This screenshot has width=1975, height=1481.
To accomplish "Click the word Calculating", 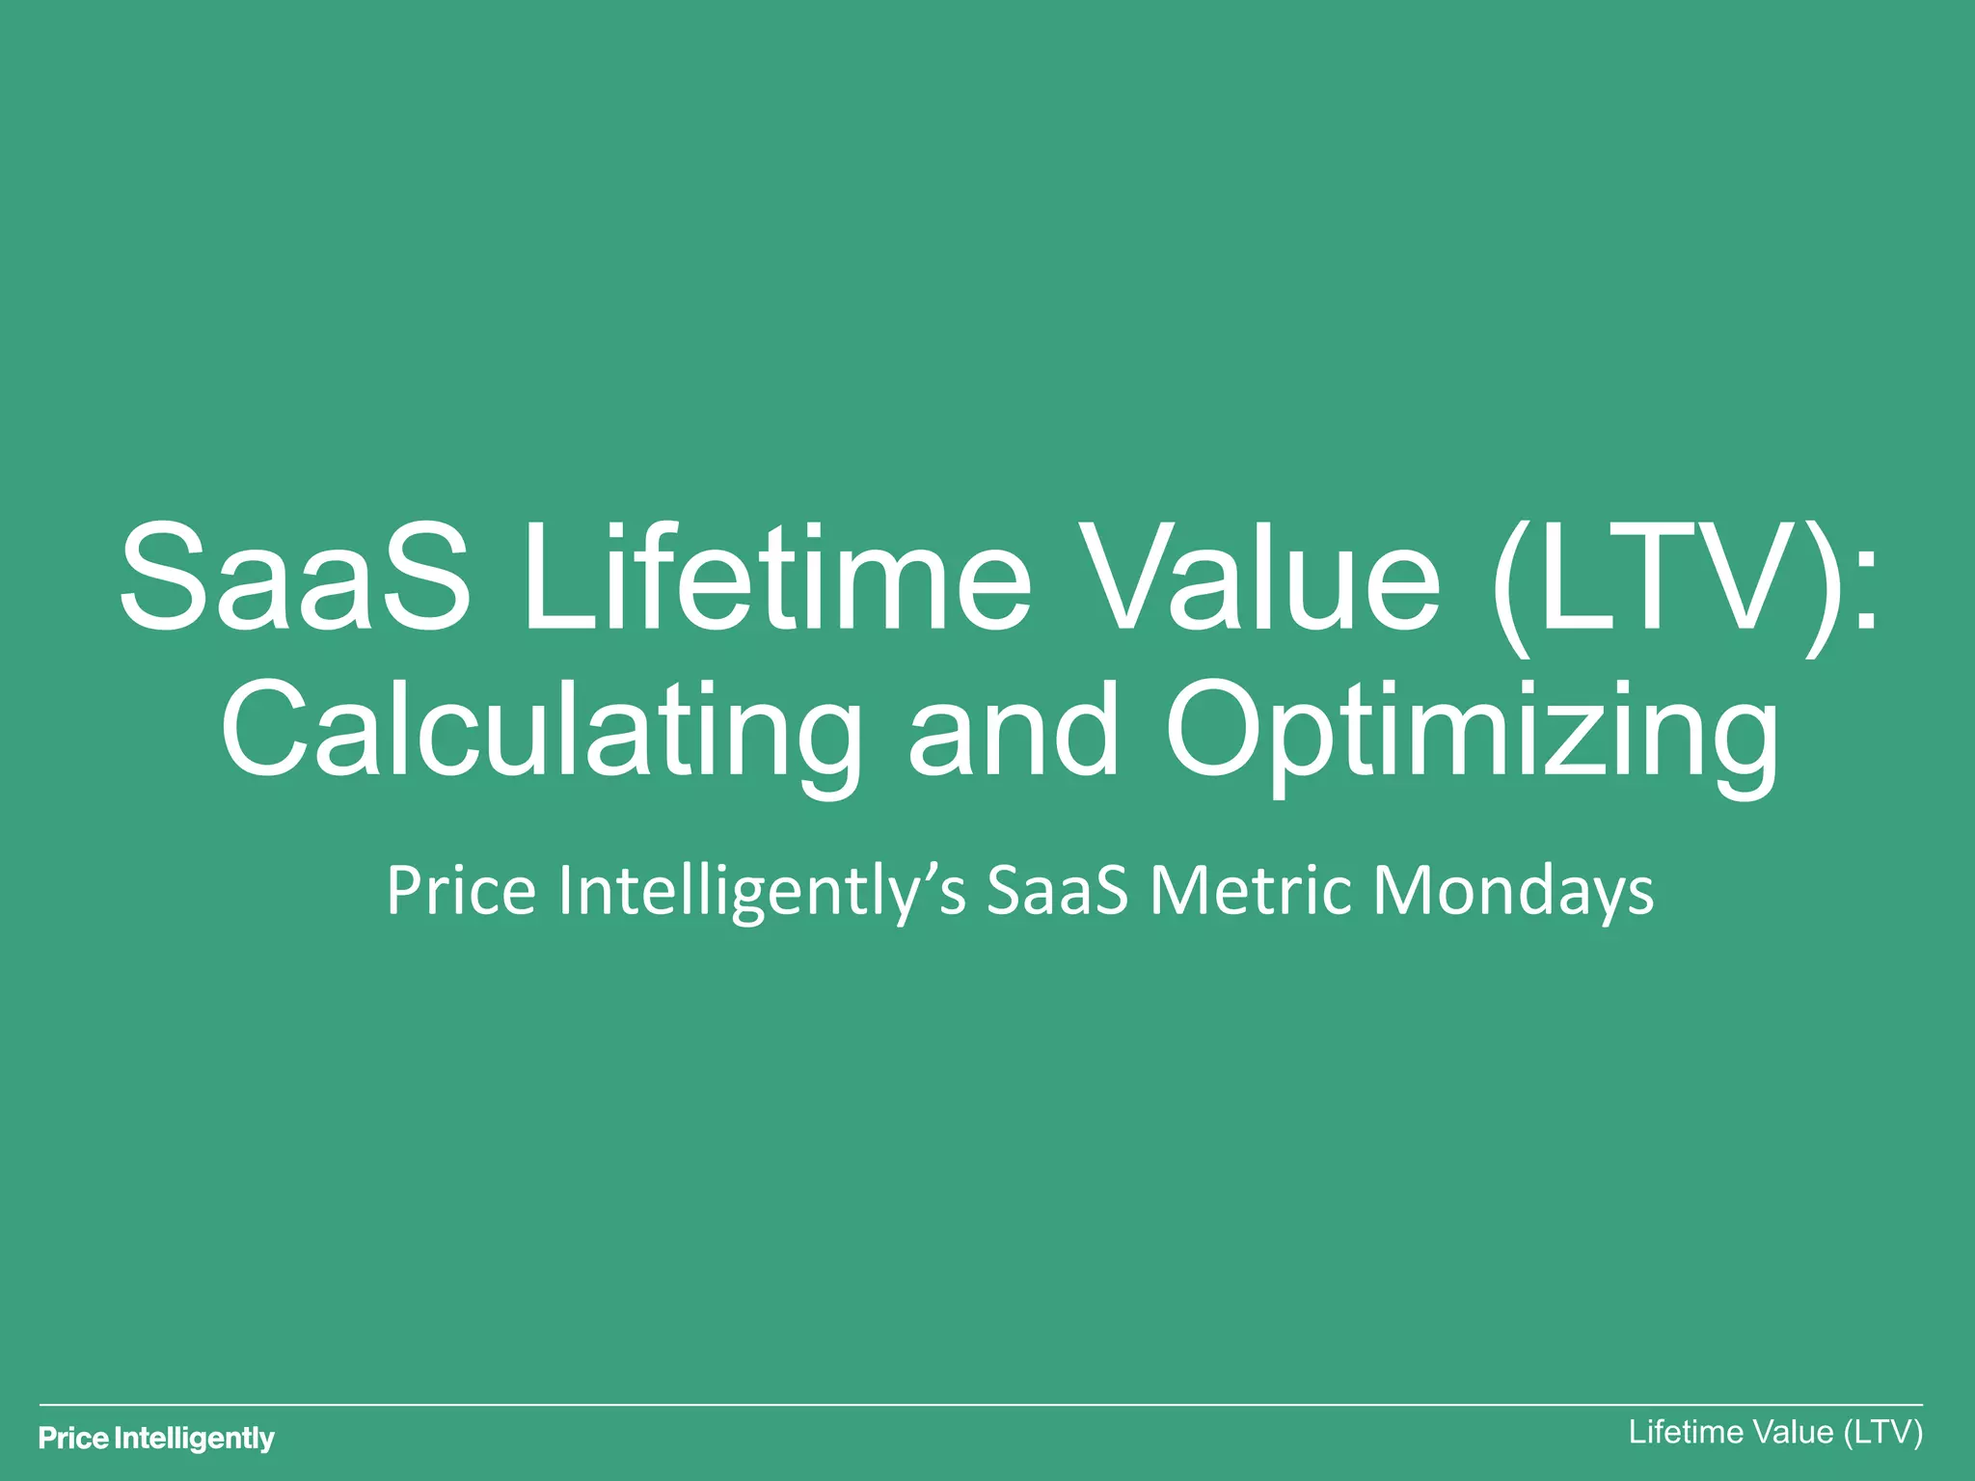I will pos(540,731).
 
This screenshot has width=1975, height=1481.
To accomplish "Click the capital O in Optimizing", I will pos(1217,728).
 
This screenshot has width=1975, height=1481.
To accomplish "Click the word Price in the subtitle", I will pos(460,891).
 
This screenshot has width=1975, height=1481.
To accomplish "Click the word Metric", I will pos(1251,891).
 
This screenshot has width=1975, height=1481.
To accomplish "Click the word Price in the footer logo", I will pos(73,1440).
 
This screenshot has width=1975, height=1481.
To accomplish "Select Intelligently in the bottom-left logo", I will pos(195,1440).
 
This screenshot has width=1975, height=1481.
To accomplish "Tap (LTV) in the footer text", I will pos(1882,1433).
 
